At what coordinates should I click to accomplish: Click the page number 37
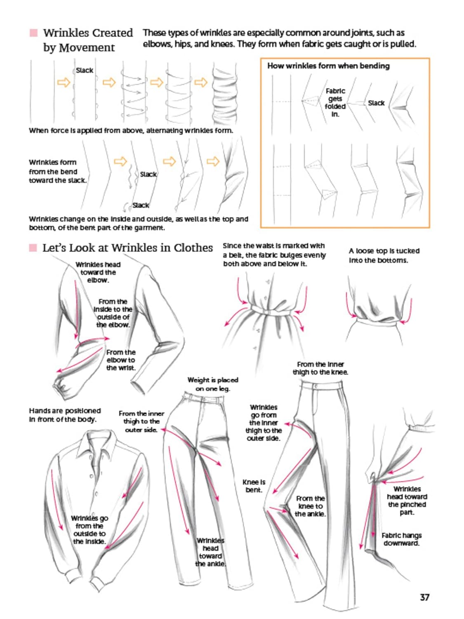point(424,597)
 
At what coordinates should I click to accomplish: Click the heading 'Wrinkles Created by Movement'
point(87,40)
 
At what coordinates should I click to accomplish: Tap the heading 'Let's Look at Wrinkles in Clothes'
point(127,248)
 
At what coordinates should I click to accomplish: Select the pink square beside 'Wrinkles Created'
point(34,33)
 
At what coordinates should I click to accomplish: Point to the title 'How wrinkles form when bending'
point(328,66)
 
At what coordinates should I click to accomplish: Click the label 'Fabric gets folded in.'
point(335,102)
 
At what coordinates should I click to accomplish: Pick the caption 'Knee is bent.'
point(254,486)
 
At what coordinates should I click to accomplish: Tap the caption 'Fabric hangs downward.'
point(401,539)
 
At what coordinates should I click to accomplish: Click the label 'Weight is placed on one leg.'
point(212,384)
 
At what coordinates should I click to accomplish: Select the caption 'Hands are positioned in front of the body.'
point(65,415)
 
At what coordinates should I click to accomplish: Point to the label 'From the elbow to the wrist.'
point(120,360)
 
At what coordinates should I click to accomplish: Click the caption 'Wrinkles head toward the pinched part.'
point(407,501)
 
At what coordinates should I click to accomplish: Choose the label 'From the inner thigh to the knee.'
point(320,368)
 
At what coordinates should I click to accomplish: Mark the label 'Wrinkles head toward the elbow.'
point(98,272)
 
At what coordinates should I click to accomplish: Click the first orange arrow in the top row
point(64,83)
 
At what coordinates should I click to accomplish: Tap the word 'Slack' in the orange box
point(376,103)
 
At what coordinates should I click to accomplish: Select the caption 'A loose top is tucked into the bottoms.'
point(384,255)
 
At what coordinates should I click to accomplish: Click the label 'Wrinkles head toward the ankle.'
point(210,552)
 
